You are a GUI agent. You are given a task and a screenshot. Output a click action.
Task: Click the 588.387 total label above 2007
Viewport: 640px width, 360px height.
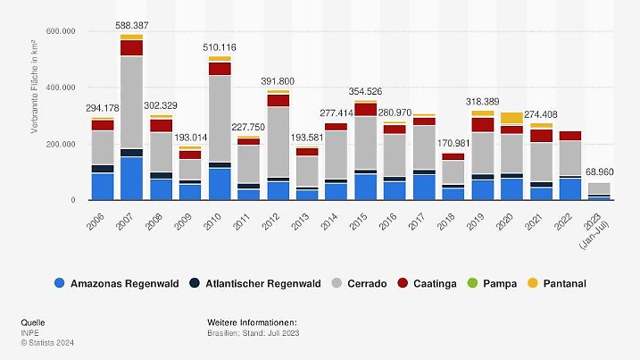point(132,26)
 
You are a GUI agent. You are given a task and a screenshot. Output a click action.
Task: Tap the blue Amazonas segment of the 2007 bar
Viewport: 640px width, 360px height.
point(132,178)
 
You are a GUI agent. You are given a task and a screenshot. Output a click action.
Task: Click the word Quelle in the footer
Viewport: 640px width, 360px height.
point(33,322)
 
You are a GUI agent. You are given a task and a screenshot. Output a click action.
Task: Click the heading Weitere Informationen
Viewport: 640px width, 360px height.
point(251,322)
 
